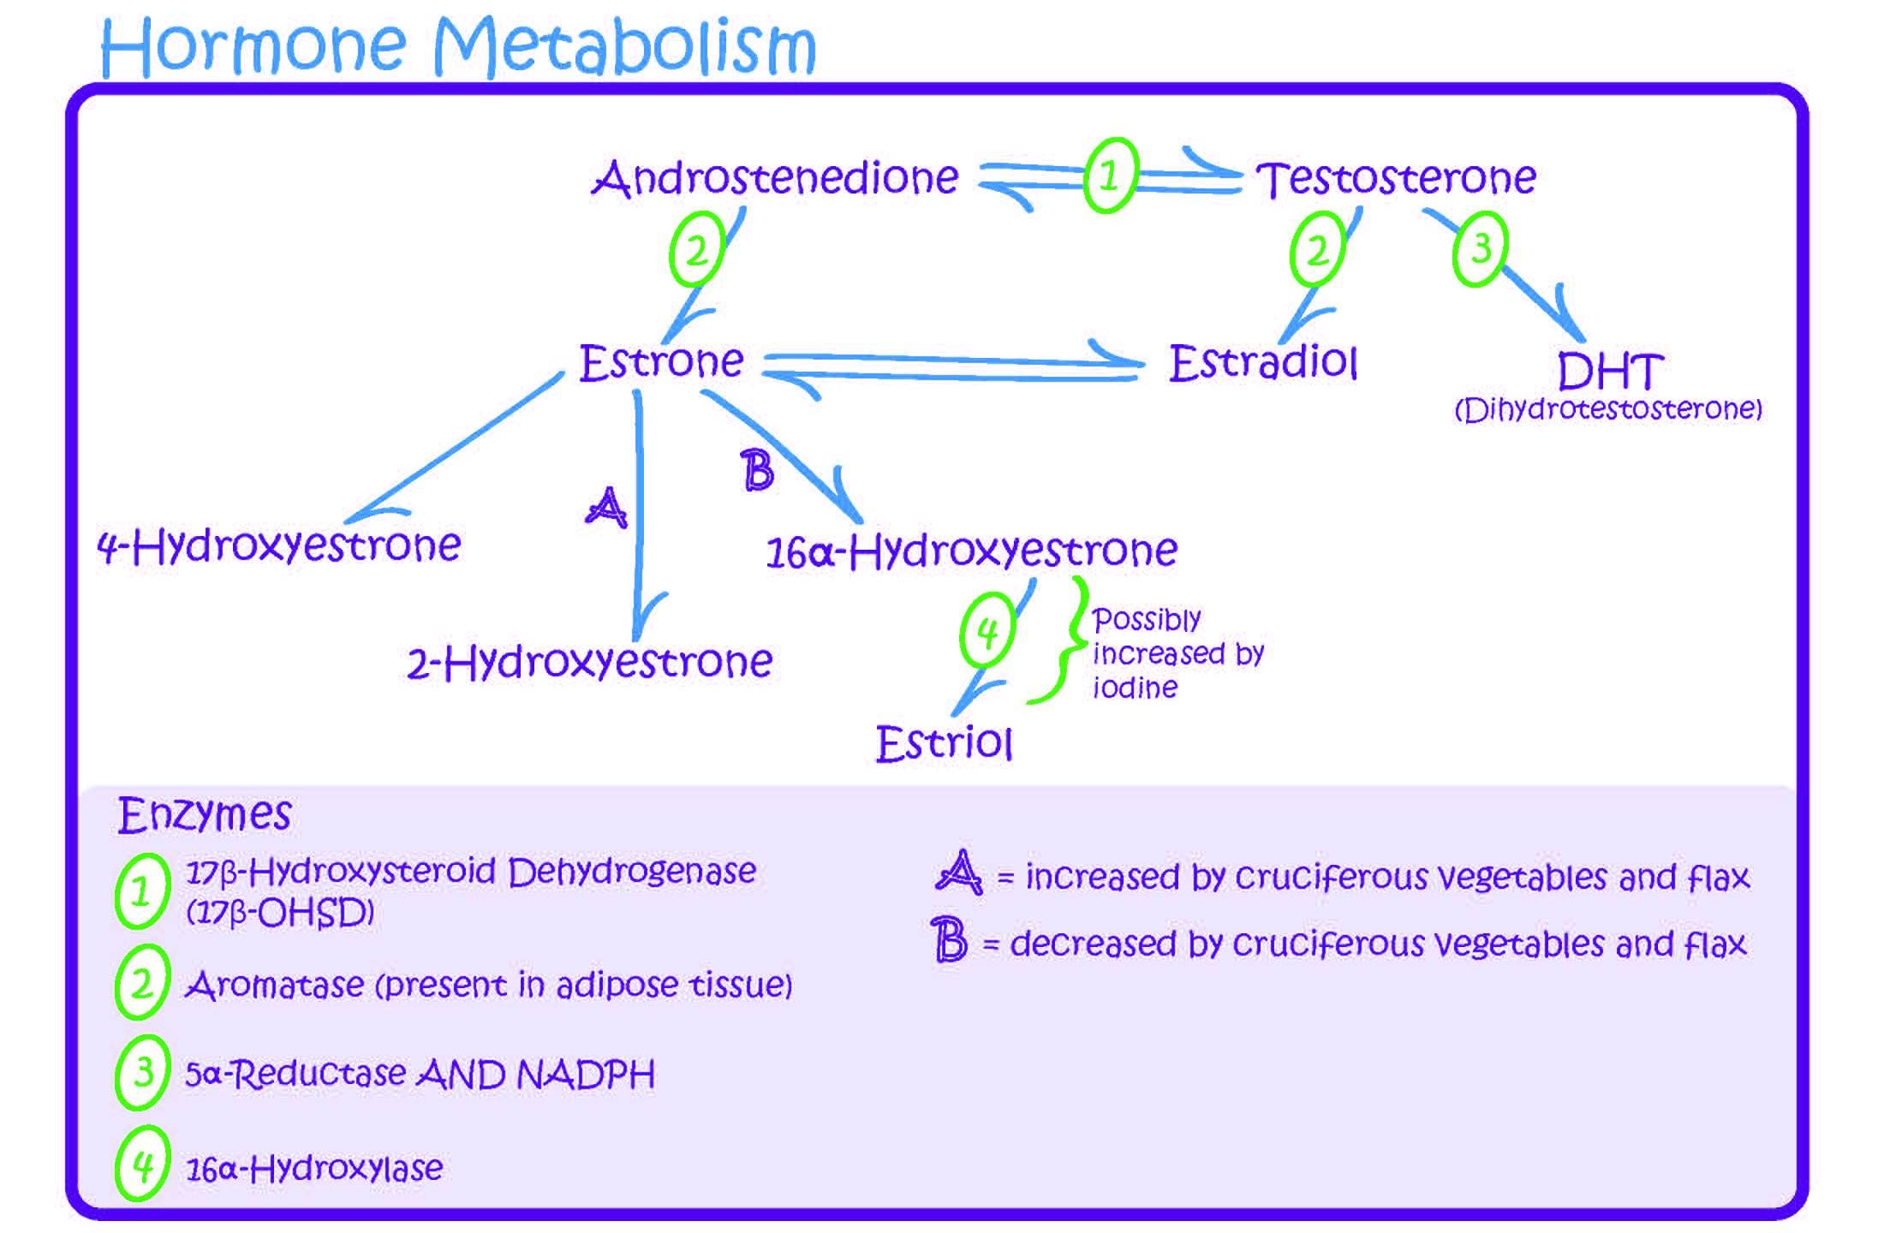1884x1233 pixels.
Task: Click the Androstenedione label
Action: [x=775, y=178]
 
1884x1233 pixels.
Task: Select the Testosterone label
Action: [x=1396, y=178]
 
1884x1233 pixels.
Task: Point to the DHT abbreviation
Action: [x=1610, y=372]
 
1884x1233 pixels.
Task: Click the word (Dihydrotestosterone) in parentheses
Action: [x=1608, y=409]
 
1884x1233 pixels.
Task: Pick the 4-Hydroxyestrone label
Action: [x=279, y=545]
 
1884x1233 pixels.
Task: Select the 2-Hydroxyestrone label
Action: [x=589, y=662]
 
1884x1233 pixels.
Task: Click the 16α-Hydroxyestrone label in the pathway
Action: [x=971, y=550]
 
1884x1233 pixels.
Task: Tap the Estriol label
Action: [x=944, y=742]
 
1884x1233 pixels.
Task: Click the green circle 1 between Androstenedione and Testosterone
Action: [x=1111, y=176]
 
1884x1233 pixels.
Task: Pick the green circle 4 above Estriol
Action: [x=987, y=631]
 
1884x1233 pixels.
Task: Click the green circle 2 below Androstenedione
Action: [x=696, y=250]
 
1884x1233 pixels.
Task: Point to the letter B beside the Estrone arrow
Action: [x=757, y=471]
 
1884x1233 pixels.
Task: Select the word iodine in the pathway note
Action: [x=1135, y=688]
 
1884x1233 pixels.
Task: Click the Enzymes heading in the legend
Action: [x=205, y=814]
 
